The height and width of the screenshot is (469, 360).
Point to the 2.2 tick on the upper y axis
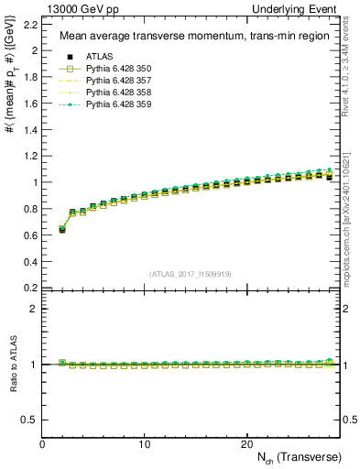30,25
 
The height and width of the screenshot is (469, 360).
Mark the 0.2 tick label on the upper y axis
30,287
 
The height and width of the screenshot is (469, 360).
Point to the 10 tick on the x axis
145,443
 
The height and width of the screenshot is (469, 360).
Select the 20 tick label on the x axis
246,443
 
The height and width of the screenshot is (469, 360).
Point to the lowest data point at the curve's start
62,230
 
